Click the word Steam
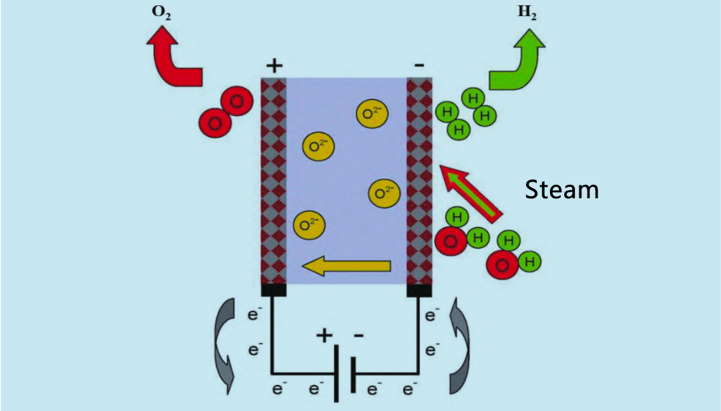pos(561,189)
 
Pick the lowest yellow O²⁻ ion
pos(308,225)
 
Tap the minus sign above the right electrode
pos(419,65)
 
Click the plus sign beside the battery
pos(324,336)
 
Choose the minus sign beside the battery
pos(358,336)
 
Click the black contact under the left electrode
pos(274,290)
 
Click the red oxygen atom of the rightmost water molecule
pos(503,266)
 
